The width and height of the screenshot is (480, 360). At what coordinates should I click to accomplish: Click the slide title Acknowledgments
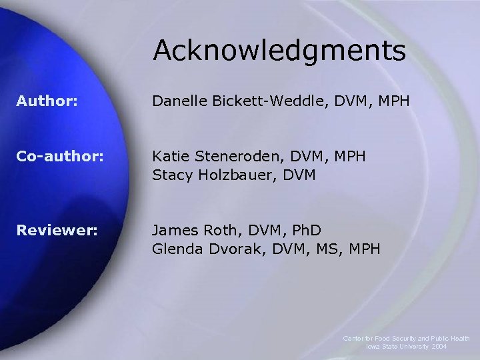click(279, 51)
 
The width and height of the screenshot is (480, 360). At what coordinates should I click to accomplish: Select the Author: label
click(47, 102)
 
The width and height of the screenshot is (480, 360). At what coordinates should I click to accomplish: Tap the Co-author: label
click(61, 157)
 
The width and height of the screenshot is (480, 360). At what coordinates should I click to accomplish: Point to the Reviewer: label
click(57, 231)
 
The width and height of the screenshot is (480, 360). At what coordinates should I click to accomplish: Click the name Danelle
click(180, 102)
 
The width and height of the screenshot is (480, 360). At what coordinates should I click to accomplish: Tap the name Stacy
click(172, 175)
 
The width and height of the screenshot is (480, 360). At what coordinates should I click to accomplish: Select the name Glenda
click(177, 249)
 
